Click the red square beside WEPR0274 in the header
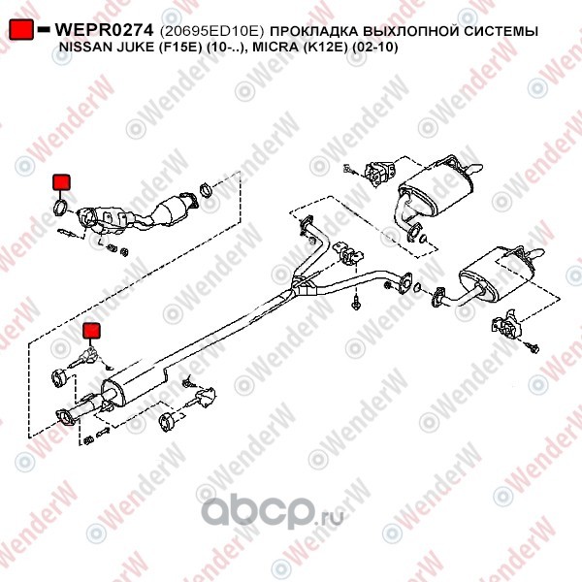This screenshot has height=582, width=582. [x=21, y=29]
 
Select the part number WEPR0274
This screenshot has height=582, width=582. [x=104, y=30]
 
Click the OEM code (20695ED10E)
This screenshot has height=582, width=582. [x=211, y=31]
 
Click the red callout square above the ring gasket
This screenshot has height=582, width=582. [x=61, y=182]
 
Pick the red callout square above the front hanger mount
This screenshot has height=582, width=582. [x=91, y=331]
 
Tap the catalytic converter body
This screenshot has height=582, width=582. [x=171, y=210]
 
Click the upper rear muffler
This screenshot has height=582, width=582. [x=435, y=190]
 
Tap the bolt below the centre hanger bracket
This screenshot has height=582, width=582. [x=356, y=304]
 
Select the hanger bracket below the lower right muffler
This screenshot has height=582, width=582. [x=506, y=323]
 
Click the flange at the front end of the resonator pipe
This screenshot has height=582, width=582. [x=65, y=417]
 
